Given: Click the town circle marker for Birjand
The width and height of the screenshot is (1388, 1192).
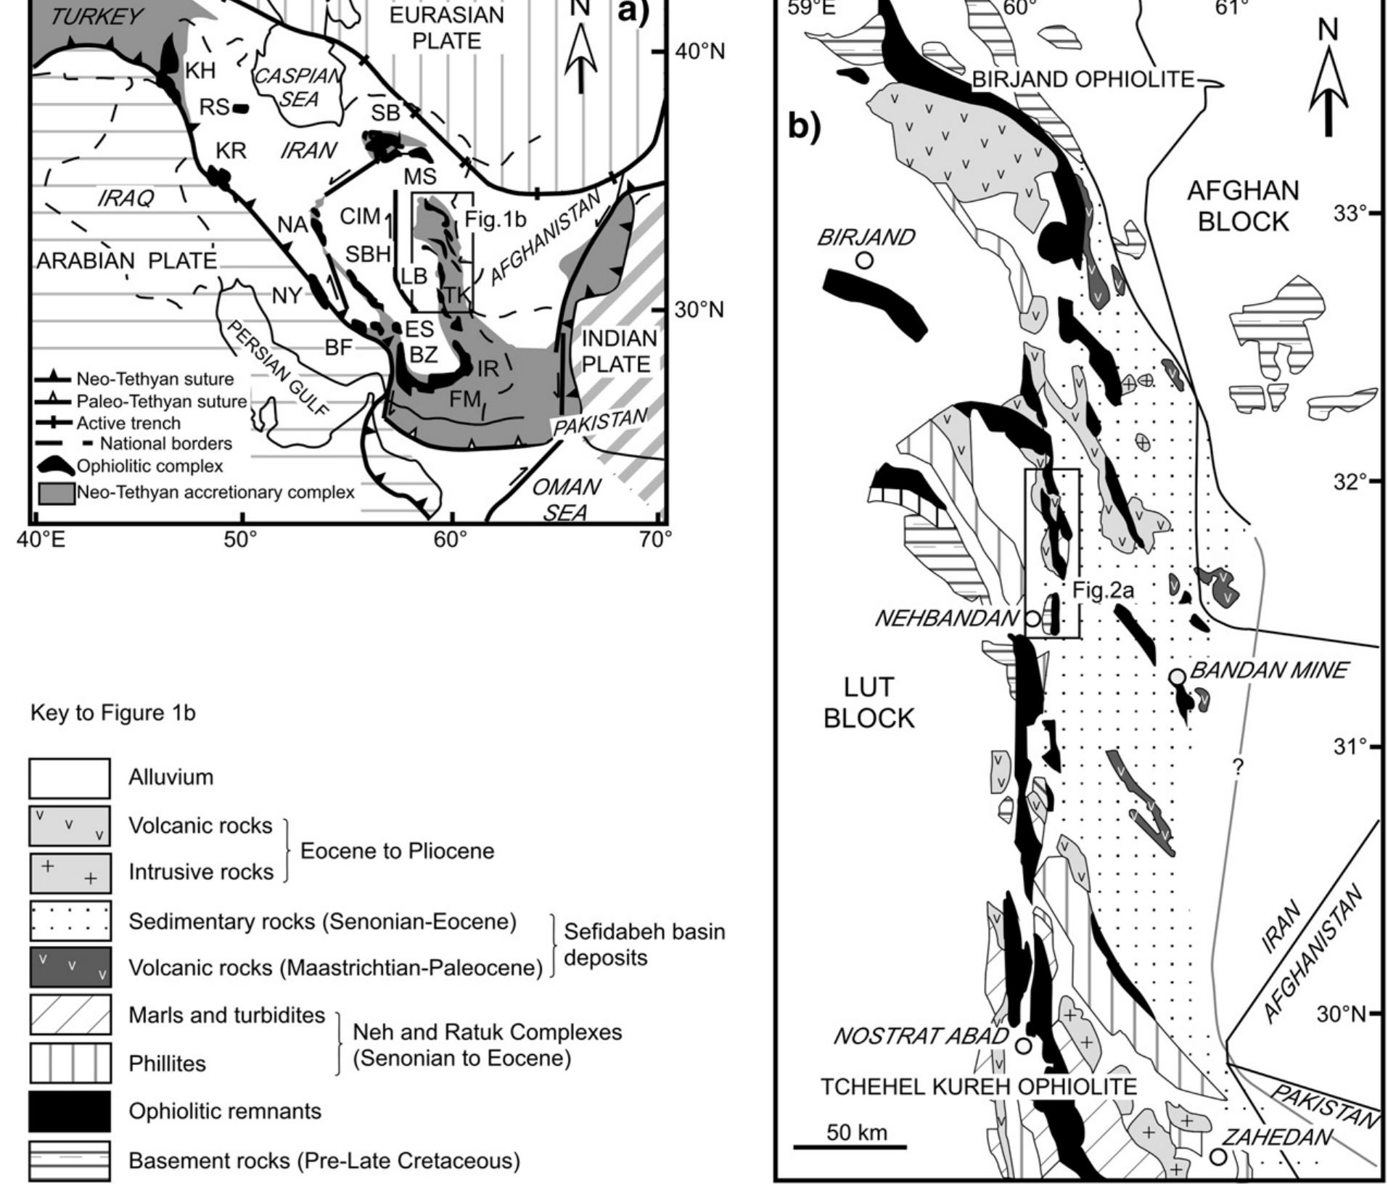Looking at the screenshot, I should tap(863, 260).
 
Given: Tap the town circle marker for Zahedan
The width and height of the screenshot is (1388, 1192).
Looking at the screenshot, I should tap(1218, 1156).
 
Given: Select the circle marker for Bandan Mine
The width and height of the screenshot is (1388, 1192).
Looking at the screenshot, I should tap(1177, 677).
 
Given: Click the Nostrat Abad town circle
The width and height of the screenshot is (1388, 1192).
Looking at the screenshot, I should tap(1023, 1045).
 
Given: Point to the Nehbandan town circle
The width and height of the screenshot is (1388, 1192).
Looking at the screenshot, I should tap(1032, 619).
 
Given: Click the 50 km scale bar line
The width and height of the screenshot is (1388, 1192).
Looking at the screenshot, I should tap(850, 1147).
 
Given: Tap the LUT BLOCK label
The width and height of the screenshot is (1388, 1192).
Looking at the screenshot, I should tap(869, 702).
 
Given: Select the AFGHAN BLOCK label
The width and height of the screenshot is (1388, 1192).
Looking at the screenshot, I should tap(1243, 206).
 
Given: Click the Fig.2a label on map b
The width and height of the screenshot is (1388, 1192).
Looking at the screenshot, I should tap(1103, 591).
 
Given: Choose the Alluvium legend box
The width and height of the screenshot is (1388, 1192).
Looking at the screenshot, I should tap(70, 778).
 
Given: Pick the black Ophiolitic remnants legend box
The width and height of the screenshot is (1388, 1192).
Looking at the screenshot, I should tap(70, 1111).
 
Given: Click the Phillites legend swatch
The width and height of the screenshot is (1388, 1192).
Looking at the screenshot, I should tap(70, 1063).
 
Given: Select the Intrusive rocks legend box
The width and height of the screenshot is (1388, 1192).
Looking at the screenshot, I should tap(70, 873).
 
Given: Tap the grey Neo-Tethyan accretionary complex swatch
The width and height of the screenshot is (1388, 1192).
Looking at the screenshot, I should tap(56, 493).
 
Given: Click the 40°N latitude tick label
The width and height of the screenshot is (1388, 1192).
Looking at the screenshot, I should tap(699, 52).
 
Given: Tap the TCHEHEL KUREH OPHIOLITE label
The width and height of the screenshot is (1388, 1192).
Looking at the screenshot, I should tap(979, 1087).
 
